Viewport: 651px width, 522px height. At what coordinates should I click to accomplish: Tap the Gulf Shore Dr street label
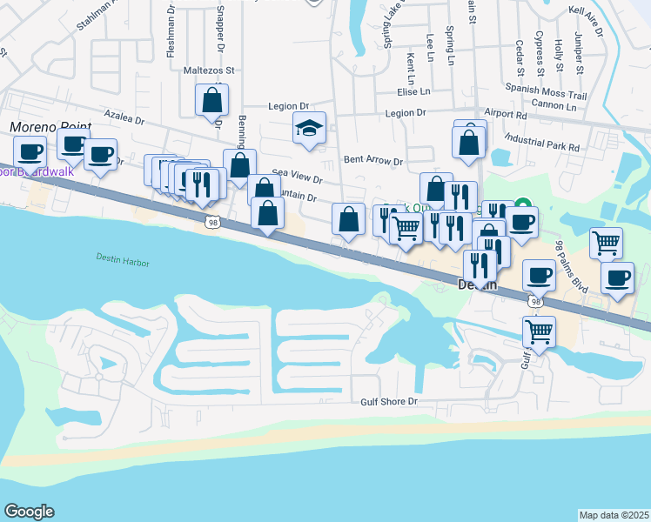pyautogui.click(x=390, y=402)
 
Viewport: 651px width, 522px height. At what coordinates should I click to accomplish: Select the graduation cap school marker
pyautogui.click(x=309, y=130)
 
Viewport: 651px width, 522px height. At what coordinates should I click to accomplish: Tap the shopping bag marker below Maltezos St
pyautogui.click(x=212, y=101)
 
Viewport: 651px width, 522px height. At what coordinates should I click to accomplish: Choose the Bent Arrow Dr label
pyautogui.click(x=373, y=160)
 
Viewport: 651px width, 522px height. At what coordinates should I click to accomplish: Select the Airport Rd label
pyautogui.click(x=506, y=113)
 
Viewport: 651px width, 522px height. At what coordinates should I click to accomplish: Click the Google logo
pyautogui.click(x=29, y=512)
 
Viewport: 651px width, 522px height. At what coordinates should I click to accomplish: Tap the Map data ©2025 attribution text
pyautogui.click(x=614, y=515)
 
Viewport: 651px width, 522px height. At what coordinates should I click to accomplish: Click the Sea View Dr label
pyautogui.click(x=298, y=177)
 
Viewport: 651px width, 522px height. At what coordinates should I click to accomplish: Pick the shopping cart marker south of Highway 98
pyautogui.click(x=539, y=331)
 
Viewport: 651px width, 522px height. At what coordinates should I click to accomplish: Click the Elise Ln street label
pyautogui.click(x=413, y=91)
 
